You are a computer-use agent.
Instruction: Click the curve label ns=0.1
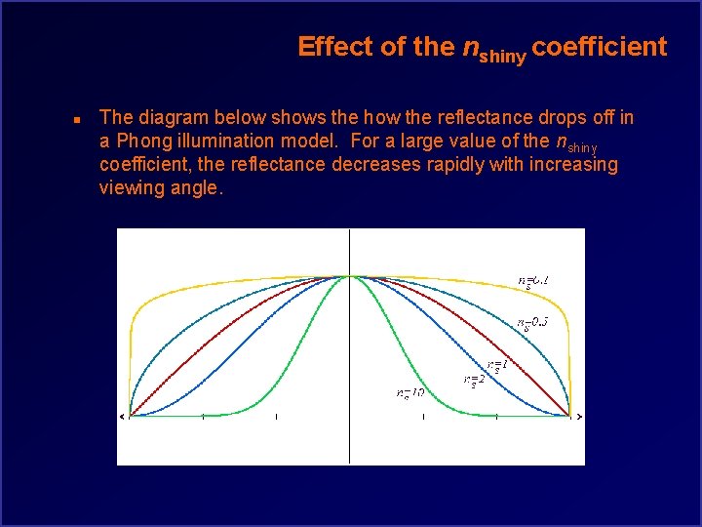click(533, 281)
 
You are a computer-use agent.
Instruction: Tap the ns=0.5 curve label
click(532, 322)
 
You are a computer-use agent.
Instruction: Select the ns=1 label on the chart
click(497, 365)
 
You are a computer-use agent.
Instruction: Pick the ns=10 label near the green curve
click(409, 393)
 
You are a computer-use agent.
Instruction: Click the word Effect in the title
click(330, 47)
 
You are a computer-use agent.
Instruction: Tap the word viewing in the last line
click(129, 187)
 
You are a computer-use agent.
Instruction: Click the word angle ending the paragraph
click(197, 187)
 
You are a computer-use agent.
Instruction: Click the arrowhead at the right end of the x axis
click(579, 417)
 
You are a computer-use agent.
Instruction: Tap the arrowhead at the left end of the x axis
click(122, 417)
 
